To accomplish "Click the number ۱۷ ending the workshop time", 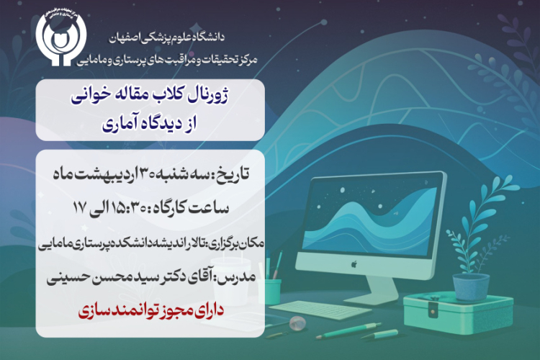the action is pyautogui.click(x=79, y=208).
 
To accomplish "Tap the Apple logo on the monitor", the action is pyautogui.click(x=354, y=264).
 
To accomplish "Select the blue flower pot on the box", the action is pyautogui.click(x=470, y=287).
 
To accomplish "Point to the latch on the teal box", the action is pyautogui.click(x=432, y=312).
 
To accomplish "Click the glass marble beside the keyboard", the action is pyautogui.click(x=297, y=323).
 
